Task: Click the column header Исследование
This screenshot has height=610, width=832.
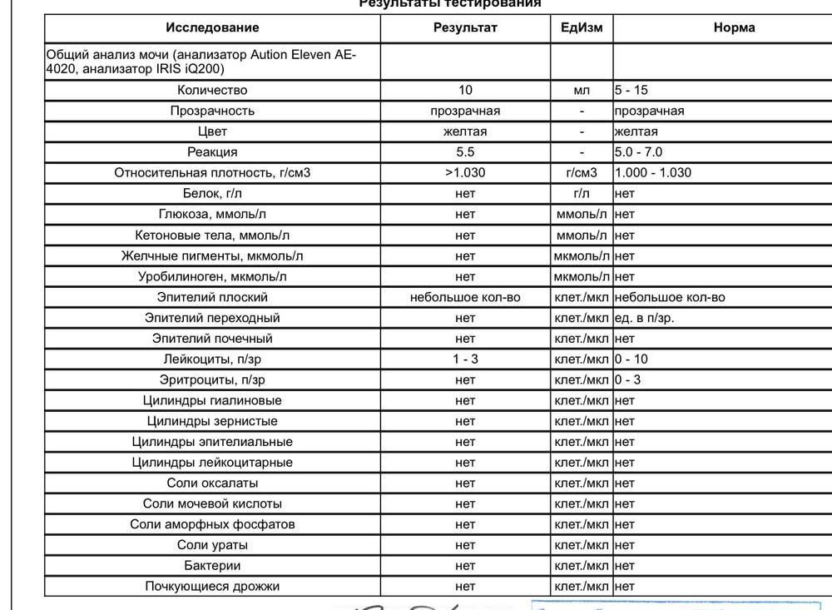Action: click(212, 27)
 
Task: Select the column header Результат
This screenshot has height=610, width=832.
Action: click(465, 27)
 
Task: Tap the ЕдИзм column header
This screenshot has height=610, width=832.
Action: click(582, 27)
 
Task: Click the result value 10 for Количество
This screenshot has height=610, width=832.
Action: click(465, 90)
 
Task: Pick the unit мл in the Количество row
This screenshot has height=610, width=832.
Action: click(582, 90)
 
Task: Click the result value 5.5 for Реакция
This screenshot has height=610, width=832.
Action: click(465, 152)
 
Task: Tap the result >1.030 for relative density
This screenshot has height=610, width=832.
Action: click(465, 173)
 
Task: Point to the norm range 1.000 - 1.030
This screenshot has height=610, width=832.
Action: click(653, 173)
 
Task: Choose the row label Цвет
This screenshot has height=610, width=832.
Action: click(212, 131)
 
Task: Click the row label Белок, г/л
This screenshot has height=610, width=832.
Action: click(212, 194)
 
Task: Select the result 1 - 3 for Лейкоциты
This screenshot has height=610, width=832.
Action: click(465, 360)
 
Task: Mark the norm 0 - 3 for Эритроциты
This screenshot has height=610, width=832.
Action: click(628, 380)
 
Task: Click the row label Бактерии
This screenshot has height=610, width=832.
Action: click(212, 566)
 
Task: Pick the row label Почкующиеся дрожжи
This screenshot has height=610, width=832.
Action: click(212, 587)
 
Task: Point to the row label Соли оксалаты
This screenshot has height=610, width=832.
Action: click(212, 484)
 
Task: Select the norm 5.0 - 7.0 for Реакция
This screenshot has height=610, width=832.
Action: click(639, 152)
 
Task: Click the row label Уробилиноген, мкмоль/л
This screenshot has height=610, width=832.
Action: click(212, 276)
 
